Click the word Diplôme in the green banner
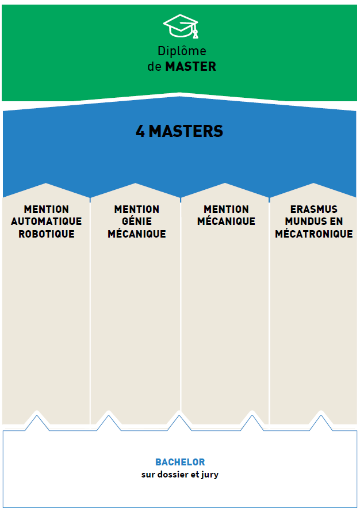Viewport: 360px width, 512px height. (182, 52)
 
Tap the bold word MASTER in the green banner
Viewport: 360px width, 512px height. (190, 66)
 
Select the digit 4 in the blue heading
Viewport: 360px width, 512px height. (140, 131)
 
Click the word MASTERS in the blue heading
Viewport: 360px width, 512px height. (186, 131)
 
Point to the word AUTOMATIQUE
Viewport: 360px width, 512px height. (47, 221)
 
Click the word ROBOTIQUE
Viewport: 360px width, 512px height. (47, 234)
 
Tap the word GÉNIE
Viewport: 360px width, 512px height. (137, 221)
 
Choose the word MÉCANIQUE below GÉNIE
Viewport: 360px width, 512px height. (137, 234)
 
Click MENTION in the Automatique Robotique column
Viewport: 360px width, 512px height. (47, 209)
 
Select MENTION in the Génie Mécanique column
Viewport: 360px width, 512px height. (137, 209)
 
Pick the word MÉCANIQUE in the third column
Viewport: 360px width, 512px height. (226, 221)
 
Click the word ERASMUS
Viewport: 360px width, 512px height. (314, 209)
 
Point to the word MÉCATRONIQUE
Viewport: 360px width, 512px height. (314, 234)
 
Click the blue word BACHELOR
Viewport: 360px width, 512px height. (180, 462)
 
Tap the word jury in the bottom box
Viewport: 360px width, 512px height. (209, 475)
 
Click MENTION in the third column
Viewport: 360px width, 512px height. (226, 209)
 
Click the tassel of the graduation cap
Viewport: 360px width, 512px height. (196, 33)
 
